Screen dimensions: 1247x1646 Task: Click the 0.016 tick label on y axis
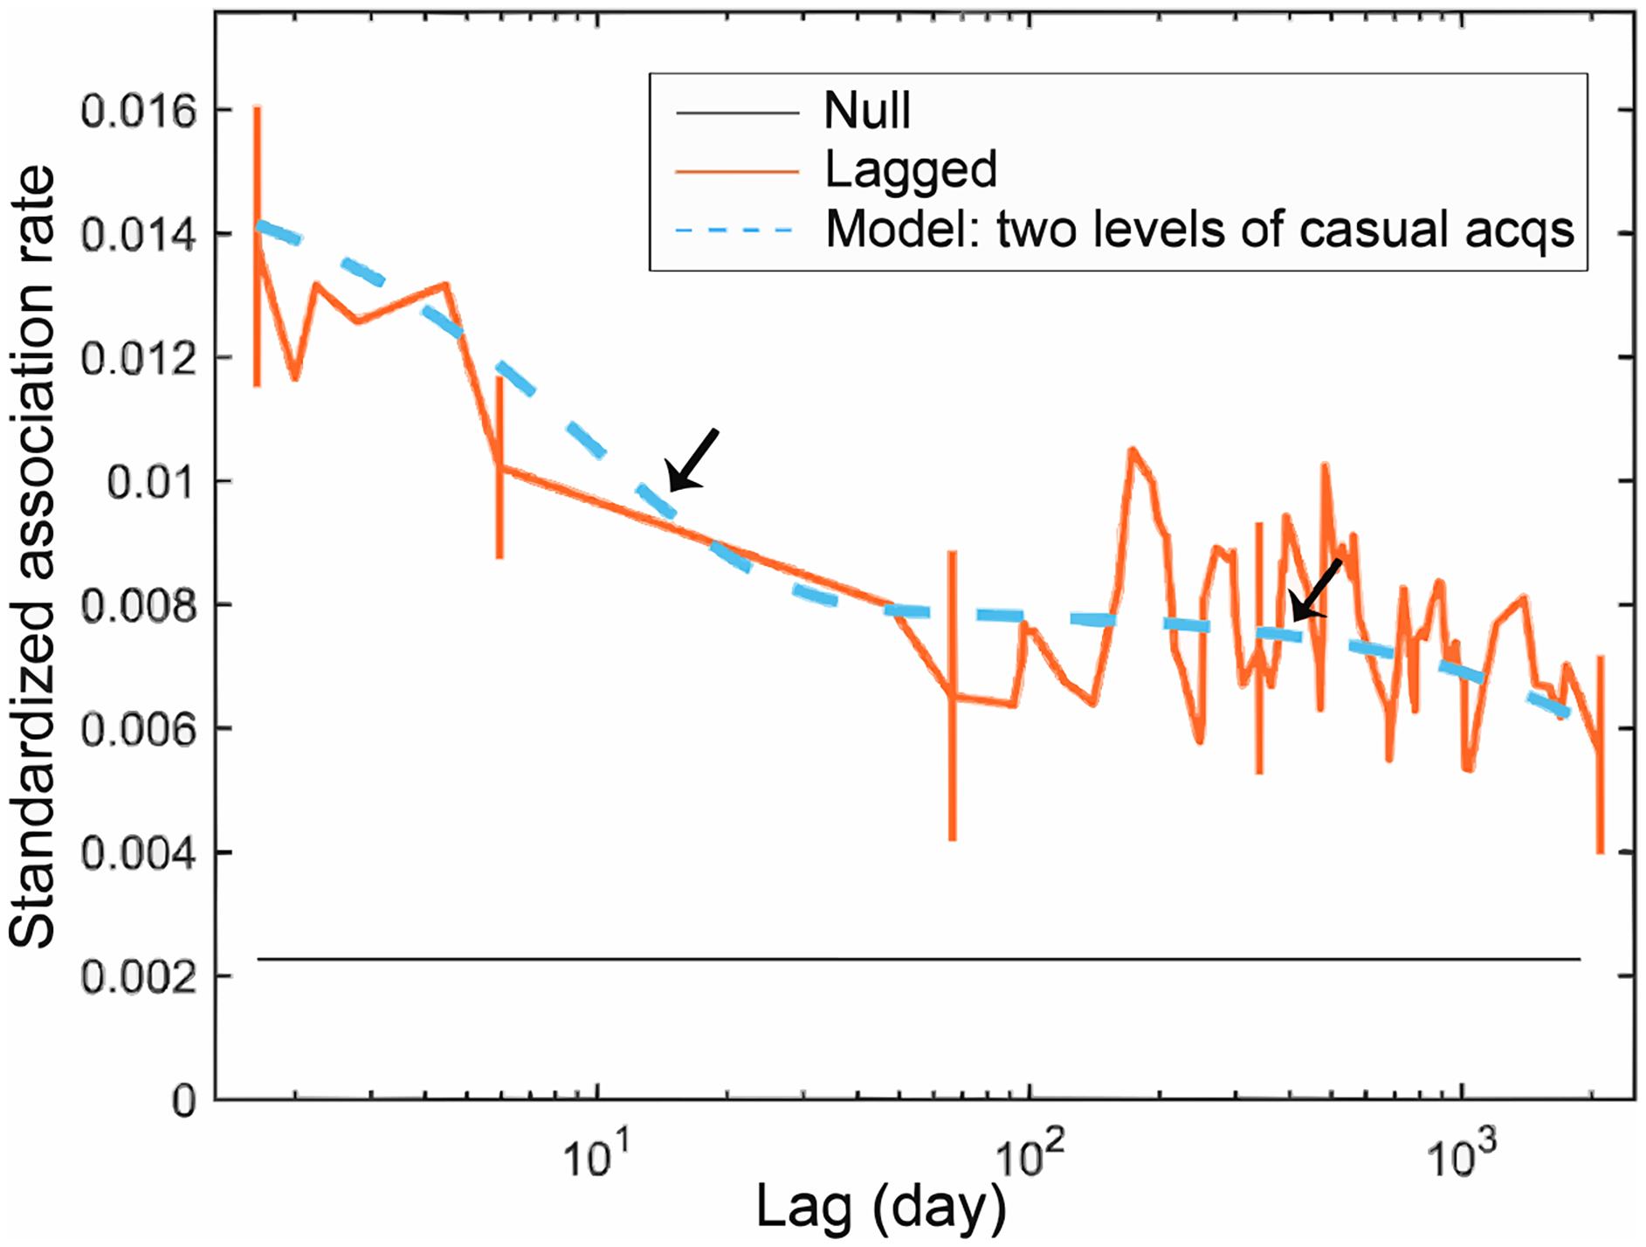(139, 112)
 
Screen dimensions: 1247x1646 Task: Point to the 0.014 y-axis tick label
(139, 235)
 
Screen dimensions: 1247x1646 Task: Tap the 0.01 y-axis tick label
(152, 482)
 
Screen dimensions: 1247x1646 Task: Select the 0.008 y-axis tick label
(139, 606)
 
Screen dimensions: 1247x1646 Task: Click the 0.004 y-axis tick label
(139, 853)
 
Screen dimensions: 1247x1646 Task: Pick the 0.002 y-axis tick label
(139, 977)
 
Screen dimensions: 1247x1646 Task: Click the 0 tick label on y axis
(184, 1101)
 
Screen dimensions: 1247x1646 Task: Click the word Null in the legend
(866, 111)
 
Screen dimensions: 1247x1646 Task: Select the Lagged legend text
(911, 169)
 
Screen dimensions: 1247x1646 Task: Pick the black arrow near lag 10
(692, 459)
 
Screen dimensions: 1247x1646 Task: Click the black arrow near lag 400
(1315, 590)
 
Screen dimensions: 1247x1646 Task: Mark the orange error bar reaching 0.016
(258, 245)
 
